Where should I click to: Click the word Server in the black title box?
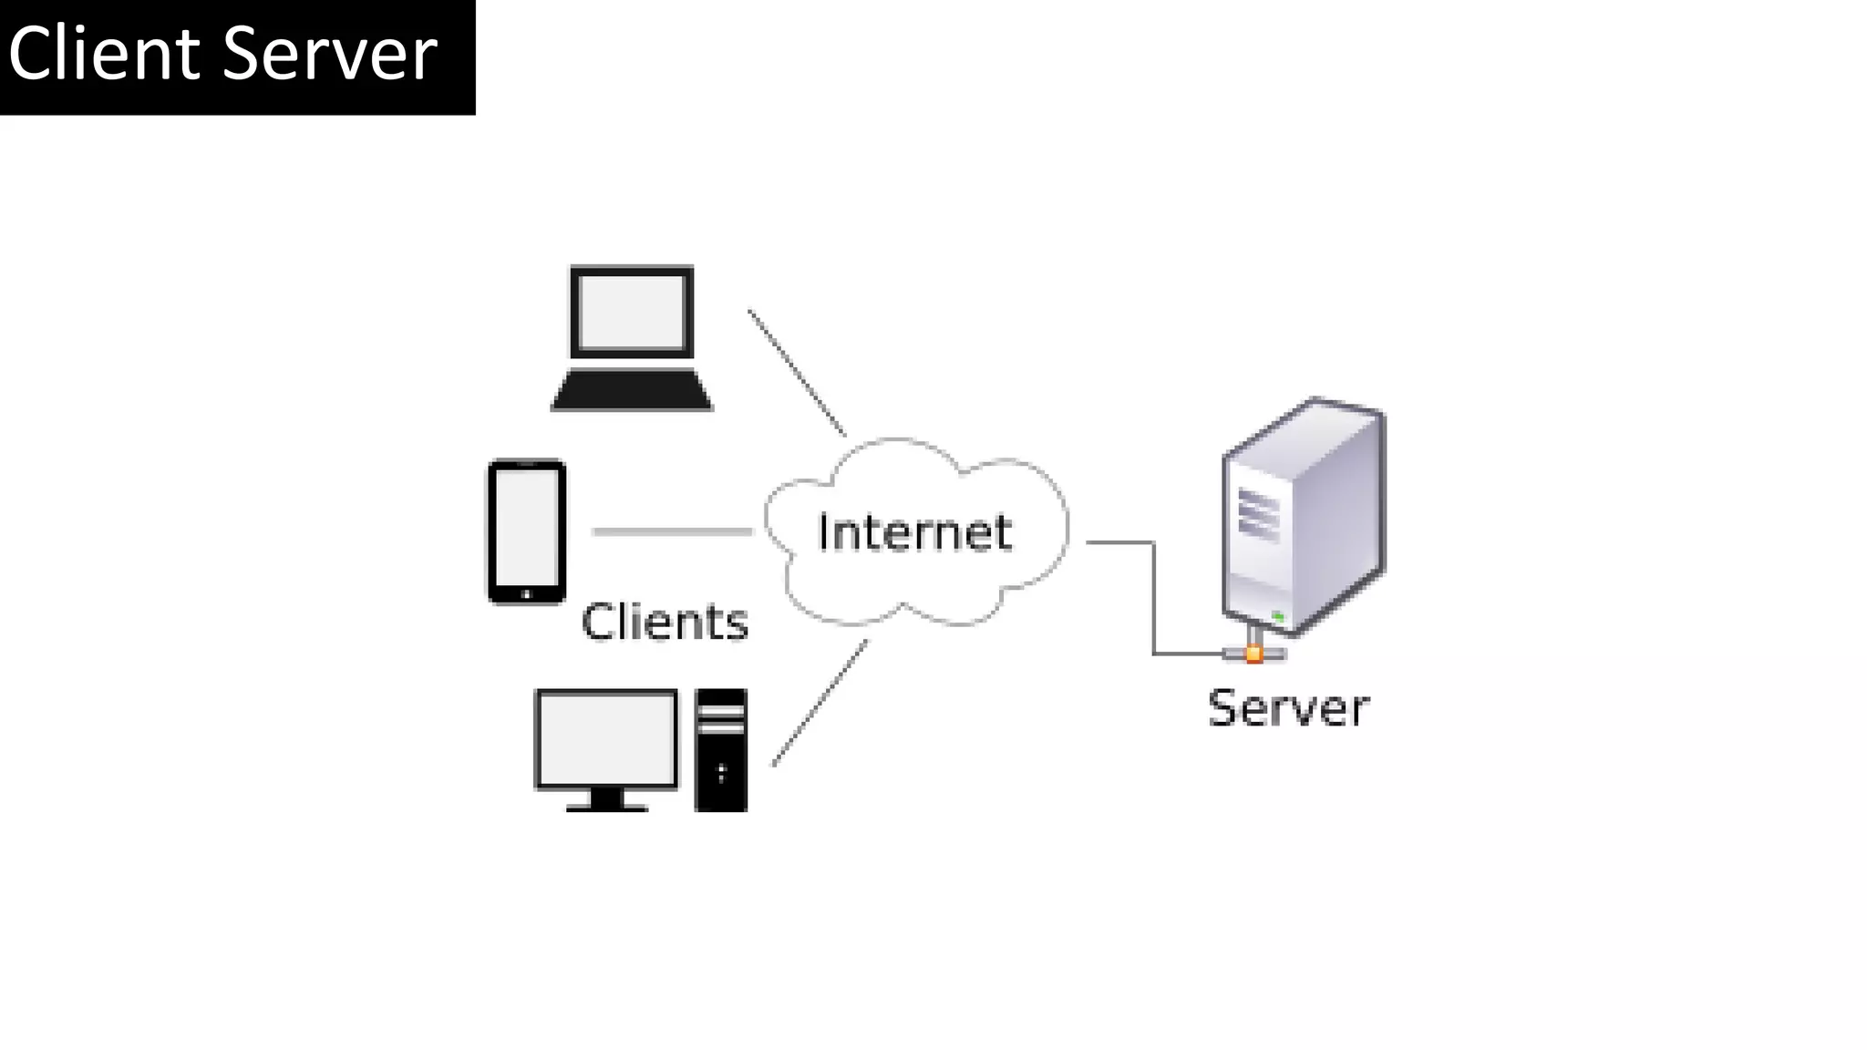click(x=330, y=55)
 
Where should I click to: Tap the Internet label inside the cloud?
click(x=914, y=532)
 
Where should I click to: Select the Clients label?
click(x=665, y=622)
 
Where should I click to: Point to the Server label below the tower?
click(x=1288, y=708)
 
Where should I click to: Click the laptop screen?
click(x=632, y=312)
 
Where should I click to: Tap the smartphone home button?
click(x=526, y=594)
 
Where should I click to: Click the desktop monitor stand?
click(x=606, y=799)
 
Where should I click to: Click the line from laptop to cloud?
click(x=797, y=372)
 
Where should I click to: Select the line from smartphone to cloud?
click(x=672, y=531)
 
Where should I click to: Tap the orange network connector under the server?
click(x=1254, y=654)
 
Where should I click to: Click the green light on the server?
click(x=1278, y=617)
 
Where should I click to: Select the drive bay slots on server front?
click(x=1258, y=515)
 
